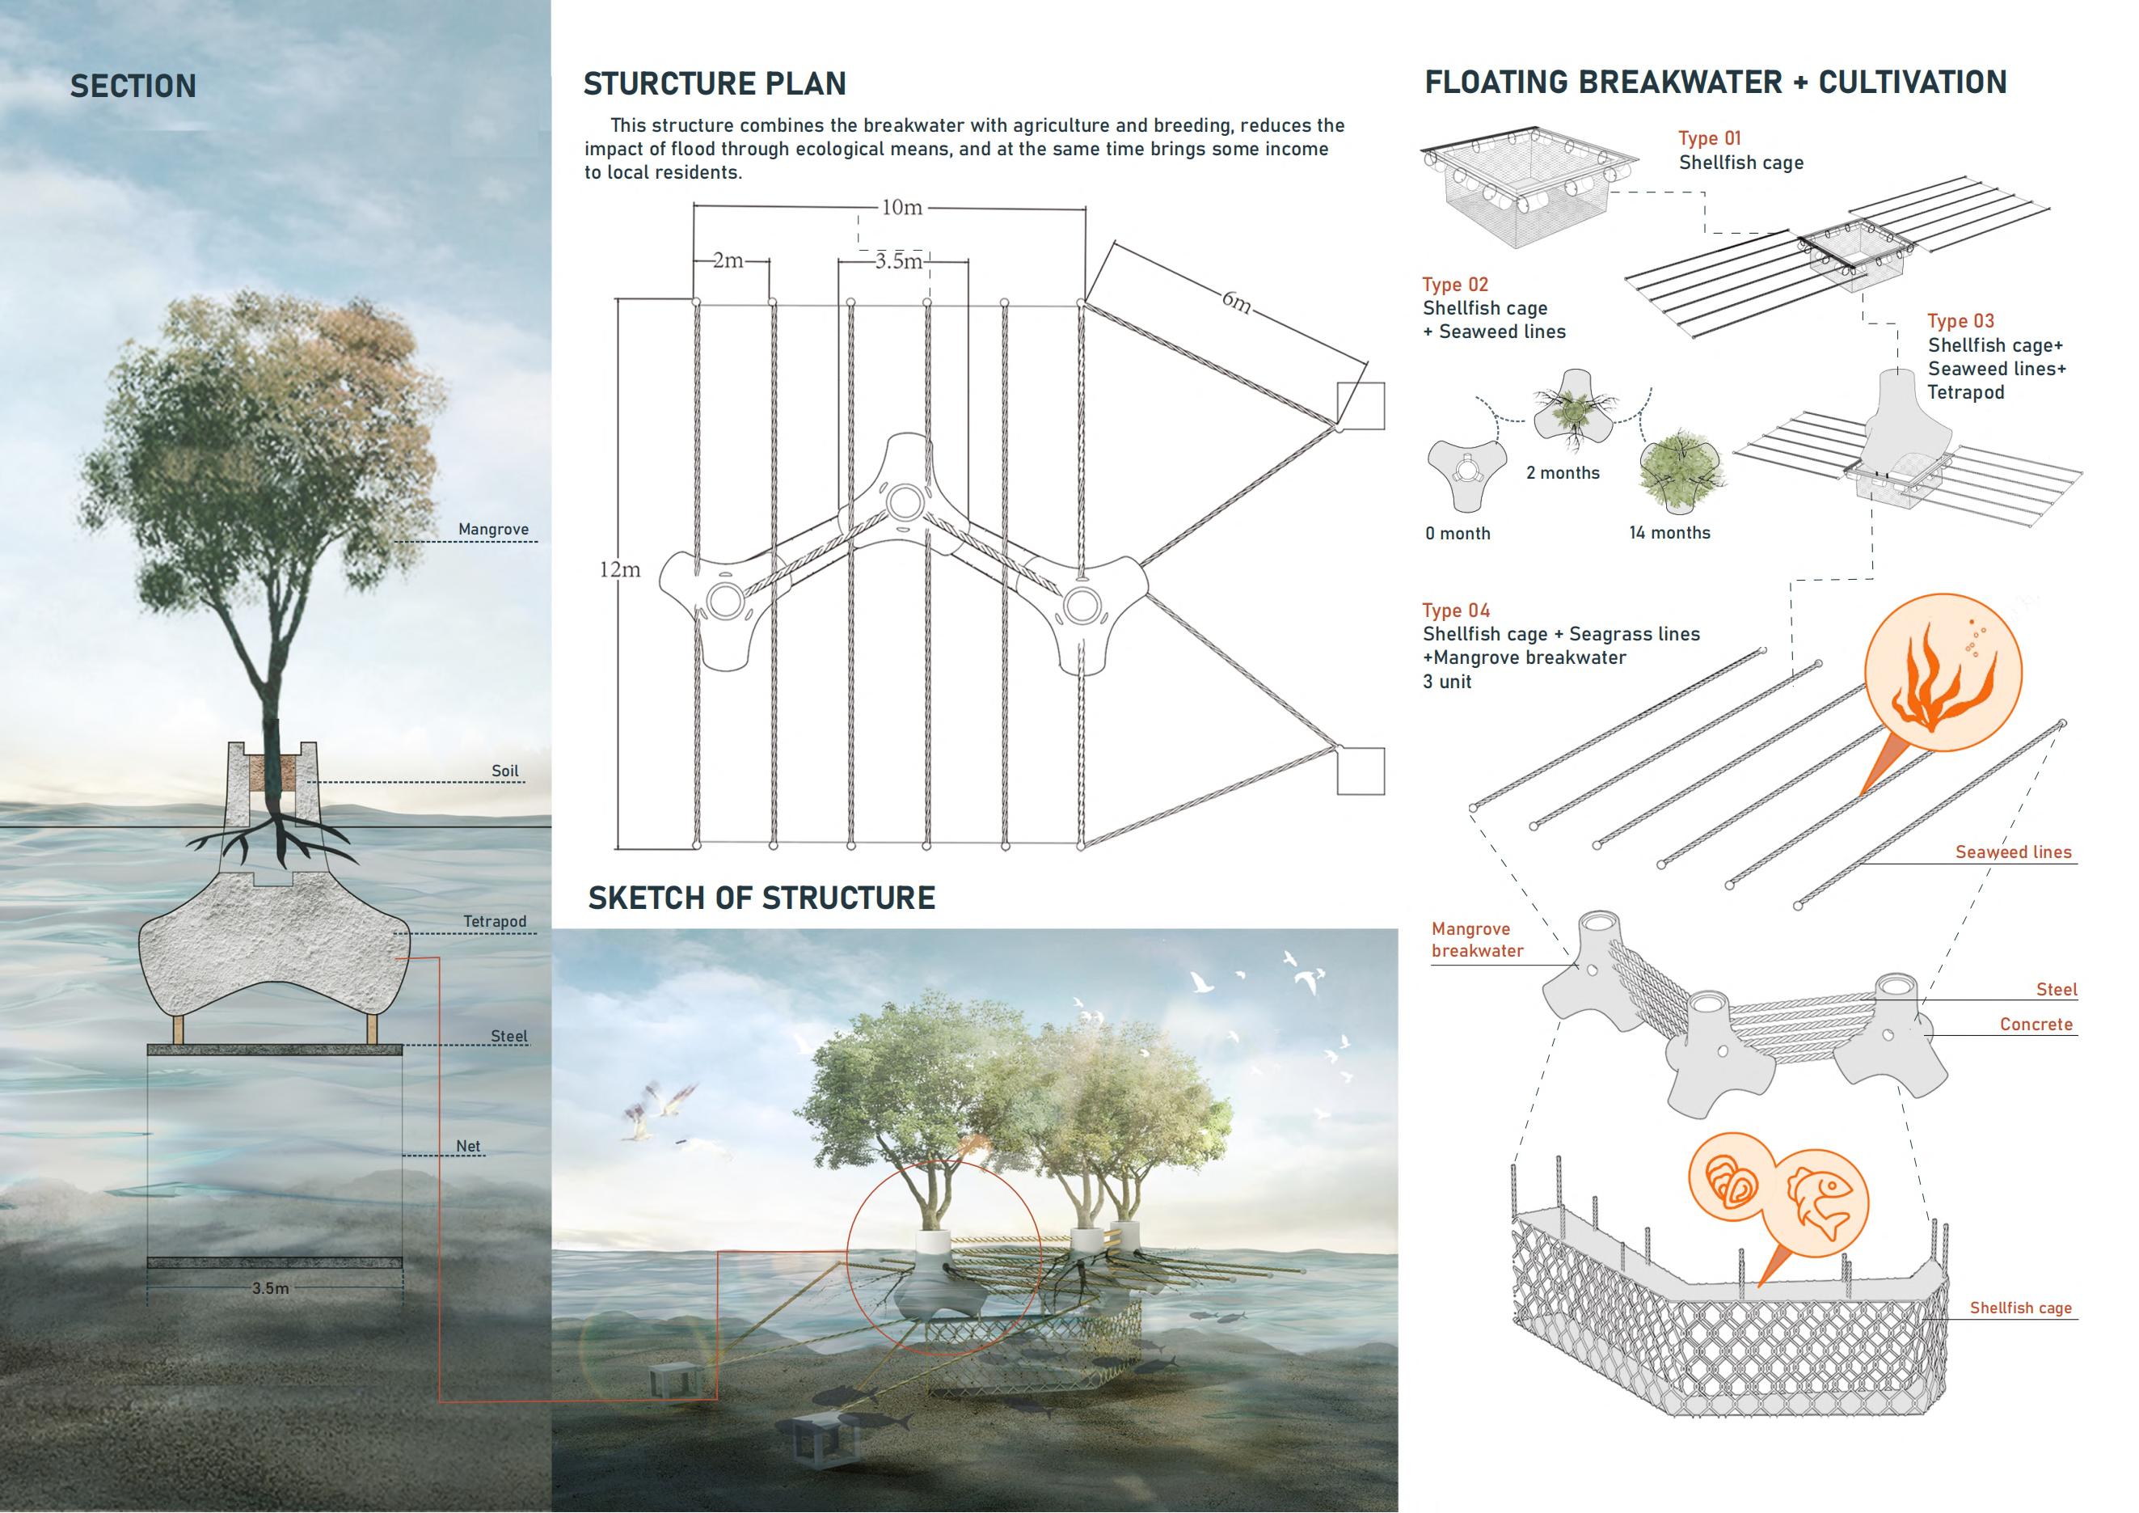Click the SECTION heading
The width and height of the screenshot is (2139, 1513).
[133, 87]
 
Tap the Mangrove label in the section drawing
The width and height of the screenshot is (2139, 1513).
[493, 529]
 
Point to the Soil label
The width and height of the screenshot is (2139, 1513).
[505, 771]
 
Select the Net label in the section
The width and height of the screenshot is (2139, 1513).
[468, 1146]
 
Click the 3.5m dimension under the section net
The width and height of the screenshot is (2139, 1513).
[270, 1288]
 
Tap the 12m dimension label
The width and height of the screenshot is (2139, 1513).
[619, 569]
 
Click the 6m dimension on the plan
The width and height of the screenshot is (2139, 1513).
[1236, 301]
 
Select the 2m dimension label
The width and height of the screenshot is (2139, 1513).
[728, 261]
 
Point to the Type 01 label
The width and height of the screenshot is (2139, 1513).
[1710, 138]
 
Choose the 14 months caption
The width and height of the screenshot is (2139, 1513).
[1669, 533]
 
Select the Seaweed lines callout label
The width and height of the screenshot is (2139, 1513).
[2012, 852]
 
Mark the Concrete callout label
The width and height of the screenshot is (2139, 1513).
[2036, 1025]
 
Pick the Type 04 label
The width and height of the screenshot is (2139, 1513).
[1456, 611]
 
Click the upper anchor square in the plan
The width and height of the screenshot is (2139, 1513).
[1361, 405]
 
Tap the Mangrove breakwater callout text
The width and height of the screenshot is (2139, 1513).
[1478, 940]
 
